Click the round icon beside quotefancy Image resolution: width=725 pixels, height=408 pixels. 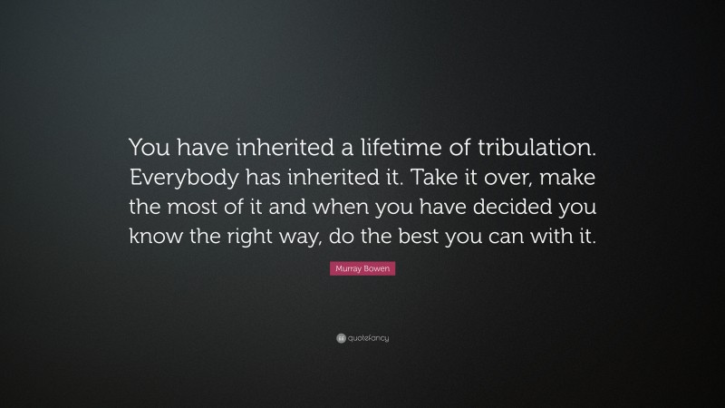pyautogui.click(x=341, y=338)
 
